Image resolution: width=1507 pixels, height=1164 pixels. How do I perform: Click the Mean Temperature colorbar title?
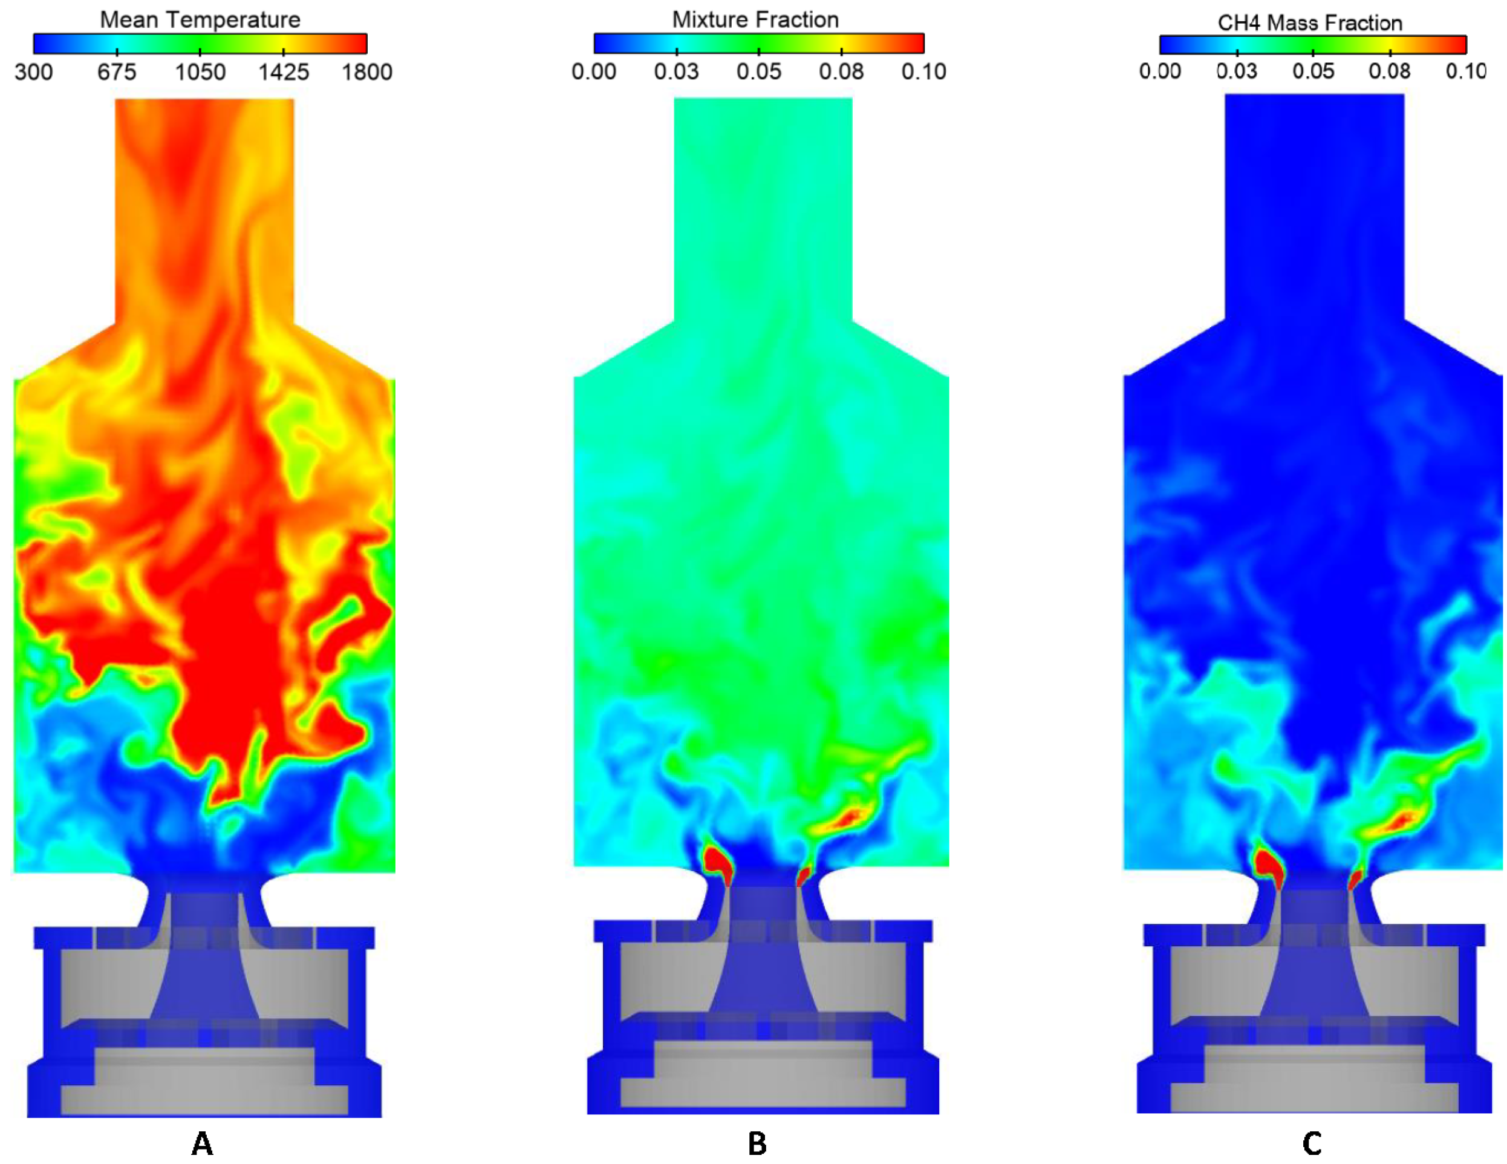pyautogui.click(x=200, y=19)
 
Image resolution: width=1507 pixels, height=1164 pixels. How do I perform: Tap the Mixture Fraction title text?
pyautogui.click(x=755, y=19)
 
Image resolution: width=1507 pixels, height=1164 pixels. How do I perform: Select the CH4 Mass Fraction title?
pyautogui.click(x=1310, y=23)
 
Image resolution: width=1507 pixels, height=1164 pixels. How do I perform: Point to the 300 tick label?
pyautogui.click(x=33, y=71)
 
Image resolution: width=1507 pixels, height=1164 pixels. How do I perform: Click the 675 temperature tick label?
pyautogui.click(x=117, y=71)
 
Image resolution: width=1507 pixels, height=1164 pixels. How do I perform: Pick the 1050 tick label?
pyautogui.click(x=200, y=71)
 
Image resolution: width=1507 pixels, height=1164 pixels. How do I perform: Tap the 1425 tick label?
pyautogui.click(x=284, y=71)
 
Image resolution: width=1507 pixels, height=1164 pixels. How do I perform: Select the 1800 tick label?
pyautogui.click(x=367, y=71)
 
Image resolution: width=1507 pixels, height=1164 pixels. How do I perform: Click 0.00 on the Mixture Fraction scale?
pyautogui.click(x=594, y=71)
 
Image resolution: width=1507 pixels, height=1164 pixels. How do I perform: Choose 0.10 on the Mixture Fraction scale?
pyautogui.click(x=924, y=71)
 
